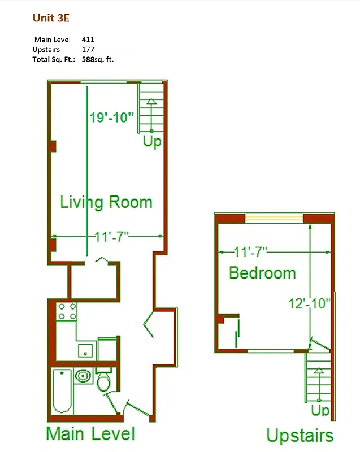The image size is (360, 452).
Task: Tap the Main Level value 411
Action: point(88,40)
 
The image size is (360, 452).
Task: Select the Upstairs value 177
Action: point(88,49)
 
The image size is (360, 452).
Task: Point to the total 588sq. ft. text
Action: point(98,59)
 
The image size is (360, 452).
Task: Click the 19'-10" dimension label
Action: point(112,118)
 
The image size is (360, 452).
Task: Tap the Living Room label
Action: point(106,202)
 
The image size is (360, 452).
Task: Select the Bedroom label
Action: point(262,273)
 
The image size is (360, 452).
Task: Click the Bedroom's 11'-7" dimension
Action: point(250,250)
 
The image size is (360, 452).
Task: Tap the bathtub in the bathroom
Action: point(62,391)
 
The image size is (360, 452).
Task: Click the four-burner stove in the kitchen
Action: point(67,311)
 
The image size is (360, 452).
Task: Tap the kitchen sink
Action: point(86,350)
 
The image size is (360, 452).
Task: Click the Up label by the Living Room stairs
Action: point(151,141)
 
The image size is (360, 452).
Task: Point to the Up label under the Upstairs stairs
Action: point(320,409)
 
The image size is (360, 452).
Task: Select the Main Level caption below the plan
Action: point(90,434)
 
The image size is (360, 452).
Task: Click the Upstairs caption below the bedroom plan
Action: point(300,436)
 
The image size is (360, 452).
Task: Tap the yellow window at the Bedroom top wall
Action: point(275,218)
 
